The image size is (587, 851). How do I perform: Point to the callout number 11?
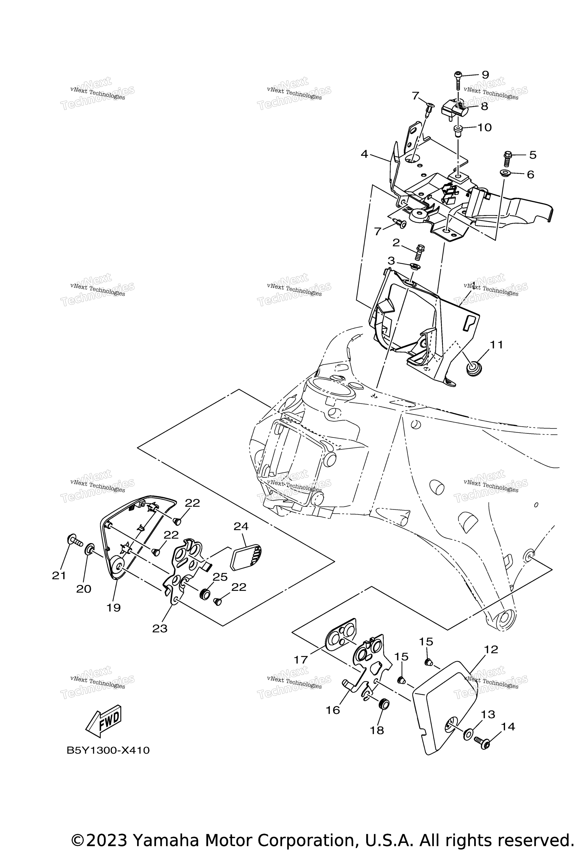[x=496, y=345]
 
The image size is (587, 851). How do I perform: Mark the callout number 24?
[x=241, y=527]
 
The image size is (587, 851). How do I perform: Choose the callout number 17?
[x=301, y=660]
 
